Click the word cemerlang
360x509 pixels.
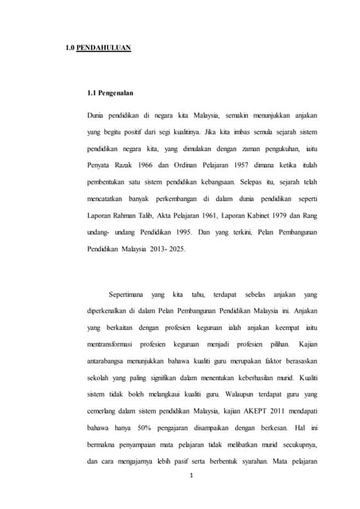(105, 407)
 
